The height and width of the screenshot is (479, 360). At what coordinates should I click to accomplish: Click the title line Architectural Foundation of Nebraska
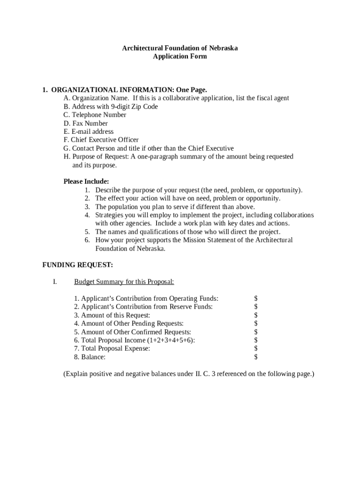[x=180, y=48]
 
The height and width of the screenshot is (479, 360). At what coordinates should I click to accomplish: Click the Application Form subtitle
[x=180, y=57]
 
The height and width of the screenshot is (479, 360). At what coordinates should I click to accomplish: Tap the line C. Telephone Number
[x=95, y=115]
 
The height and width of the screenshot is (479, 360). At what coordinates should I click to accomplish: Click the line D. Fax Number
[x=86, y=123]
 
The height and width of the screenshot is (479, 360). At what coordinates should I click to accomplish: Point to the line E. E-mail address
[x=88, y=132]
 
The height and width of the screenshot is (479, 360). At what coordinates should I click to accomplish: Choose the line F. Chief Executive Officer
[x=101, y=140]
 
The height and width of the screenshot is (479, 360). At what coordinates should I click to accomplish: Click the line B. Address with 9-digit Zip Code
[x=111, y=107]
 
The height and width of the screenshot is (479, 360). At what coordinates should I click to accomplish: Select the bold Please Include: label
[x=86, y=181]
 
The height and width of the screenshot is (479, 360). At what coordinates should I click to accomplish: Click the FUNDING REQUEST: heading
[x=78, y=265]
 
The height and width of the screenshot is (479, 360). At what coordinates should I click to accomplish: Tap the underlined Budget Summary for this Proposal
[x=124, y=282]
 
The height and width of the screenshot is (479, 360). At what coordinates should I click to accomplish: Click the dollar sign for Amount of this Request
[x=256, y=315]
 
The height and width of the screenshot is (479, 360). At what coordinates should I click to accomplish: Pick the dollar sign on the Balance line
[x=256, y=357]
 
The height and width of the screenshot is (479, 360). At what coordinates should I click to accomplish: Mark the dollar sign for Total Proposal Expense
[x=256, y=349]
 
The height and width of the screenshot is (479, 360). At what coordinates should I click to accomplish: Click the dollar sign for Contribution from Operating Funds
[x=256, y=298]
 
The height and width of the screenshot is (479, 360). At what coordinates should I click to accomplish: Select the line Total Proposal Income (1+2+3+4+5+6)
[x=135, y=341]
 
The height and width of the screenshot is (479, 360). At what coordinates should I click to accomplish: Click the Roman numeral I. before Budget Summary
[x=55, y=282]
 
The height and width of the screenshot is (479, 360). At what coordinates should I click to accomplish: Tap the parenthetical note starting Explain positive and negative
[x=188, y=374]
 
